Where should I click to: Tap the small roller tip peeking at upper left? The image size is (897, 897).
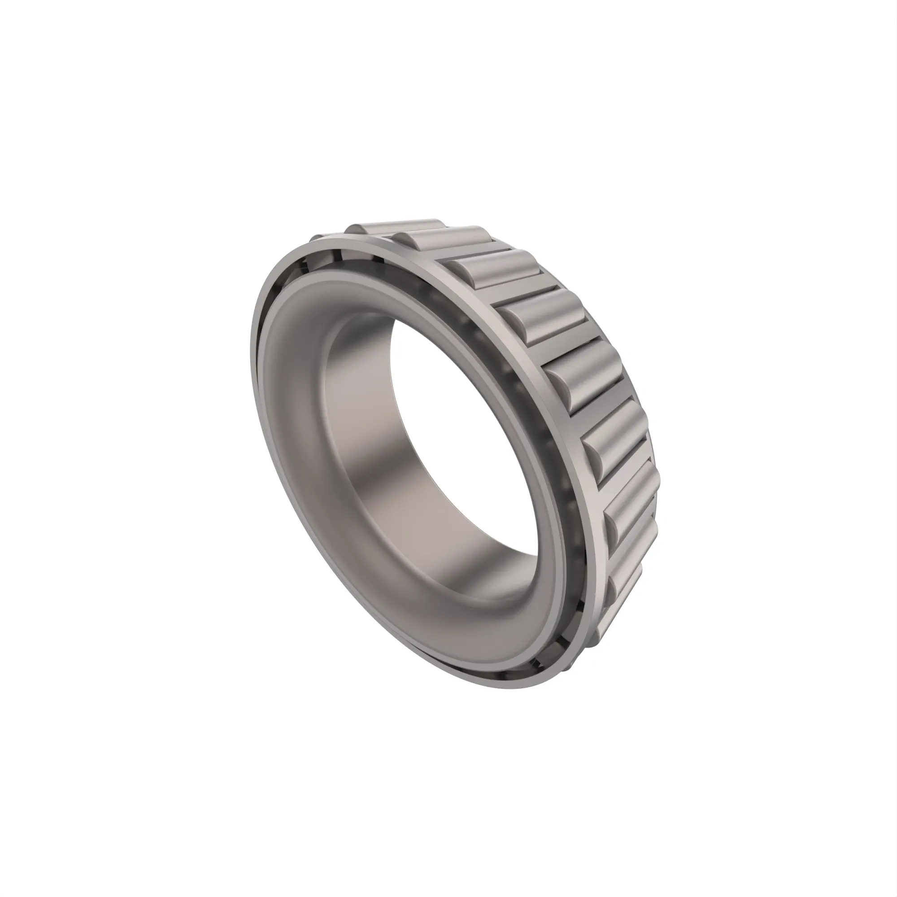(x=316, y=238)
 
